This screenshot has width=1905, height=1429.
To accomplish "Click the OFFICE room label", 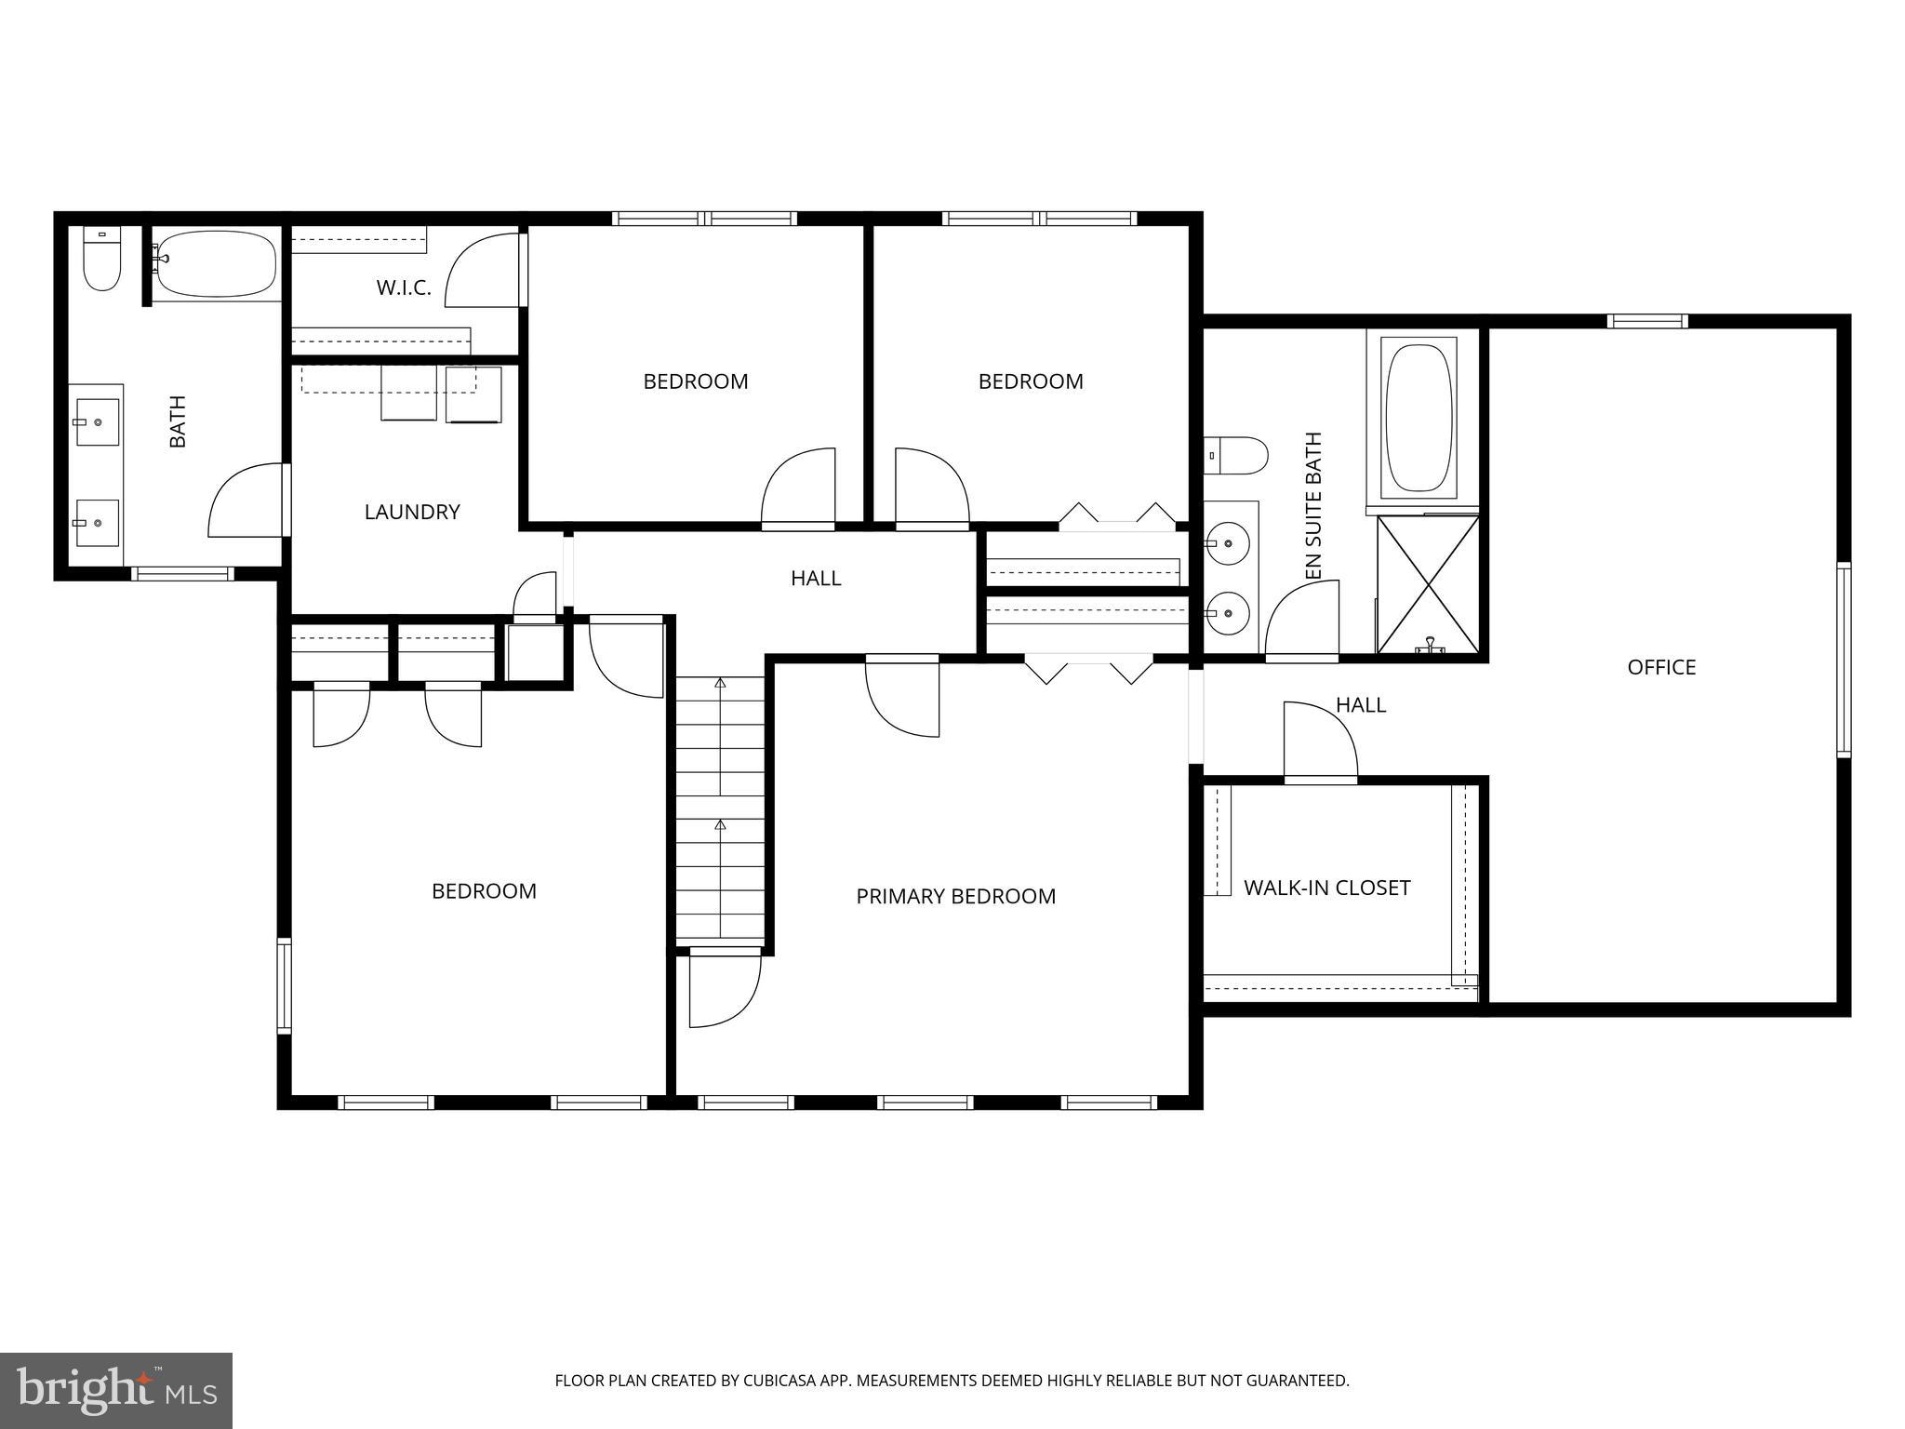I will [1661, 667].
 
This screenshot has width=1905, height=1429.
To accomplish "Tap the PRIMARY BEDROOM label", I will [955, 896].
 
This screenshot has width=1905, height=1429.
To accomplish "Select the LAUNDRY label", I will [412, 512].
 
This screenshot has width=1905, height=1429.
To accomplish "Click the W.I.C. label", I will [404, 288].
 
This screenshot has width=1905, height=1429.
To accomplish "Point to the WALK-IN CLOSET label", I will [1326, 888].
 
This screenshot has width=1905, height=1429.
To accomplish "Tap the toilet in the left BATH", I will [101, 260].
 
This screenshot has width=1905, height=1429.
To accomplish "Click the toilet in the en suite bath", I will [1238, 456].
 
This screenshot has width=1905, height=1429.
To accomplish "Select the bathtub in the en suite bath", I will [1419, 417].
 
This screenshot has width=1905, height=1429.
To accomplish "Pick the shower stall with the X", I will [1427, 584].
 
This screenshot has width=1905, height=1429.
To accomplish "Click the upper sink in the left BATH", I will [96, 422].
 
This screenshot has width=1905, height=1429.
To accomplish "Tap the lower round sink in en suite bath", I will [1227, 613].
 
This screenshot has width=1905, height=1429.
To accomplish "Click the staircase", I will [719, 809].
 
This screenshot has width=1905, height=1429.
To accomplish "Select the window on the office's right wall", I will [1843, 659].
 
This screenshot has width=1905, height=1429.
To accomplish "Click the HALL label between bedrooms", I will [816, 579].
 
